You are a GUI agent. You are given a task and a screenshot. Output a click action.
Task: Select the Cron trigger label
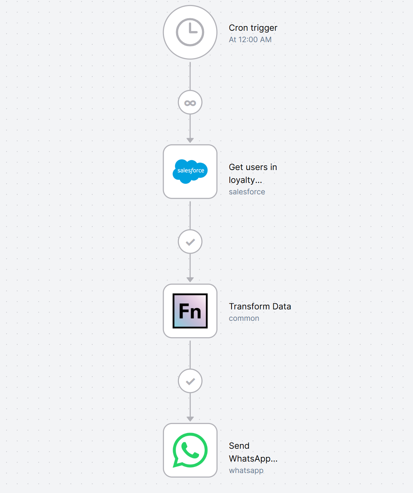(x=253, y=28)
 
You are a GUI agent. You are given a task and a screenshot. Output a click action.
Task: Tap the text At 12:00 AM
(x=250, y=39)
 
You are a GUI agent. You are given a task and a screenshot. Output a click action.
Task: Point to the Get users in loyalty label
(x=253, y=174)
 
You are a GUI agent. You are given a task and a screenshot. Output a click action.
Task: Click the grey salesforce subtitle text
(x=247, y=192)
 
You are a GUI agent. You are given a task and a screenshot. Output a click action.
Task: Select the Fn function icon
(x=190, y=311)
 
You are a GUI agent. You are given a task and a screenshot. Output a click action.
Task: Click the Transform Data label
(x=260, y=307)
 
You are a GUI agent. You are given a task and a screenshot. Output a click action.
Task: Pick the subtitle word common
(x=244, y=318)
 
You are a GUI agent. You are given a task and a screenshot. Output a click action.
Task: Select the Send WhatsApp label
(x=253, y=452)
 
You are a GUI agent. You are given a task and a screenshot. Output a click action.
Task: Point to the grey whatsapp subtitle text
(x=246, y=470)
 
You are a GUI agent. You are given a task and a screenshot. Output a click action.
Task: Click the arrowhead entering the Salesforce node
(x=190, y=140)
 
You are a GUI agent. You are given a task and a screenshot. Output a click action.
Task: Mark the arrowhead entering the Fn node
(x=190, y=280)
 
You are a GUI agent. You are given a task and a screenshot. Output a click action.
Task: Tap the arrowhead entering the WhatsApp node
(x=190, y=419)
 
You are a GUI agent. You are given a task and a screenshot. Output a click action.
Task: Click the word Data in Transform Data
(x=282, y=307)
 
